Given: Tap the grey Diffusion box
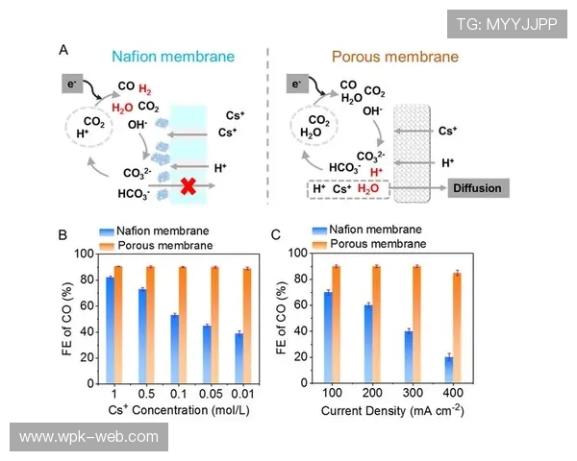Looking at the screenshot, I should tap(478, 188).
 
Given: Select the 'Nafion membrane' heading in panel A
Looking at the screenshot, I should tap(173, 56).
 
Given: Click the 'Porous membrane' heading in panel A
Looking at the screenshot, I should tap(409, 56).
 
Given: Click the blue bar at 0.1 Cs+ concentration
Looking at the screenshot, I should tap(174, 349).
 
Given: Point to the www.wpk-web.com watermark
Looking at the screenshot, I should tap(88, 437).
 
